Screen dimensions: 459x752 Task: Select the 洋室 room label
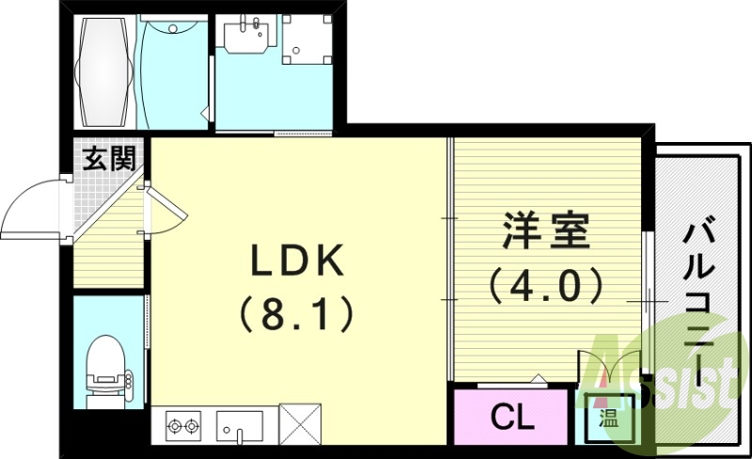coord(545,230)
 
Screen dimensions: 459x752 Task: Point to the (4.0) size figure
coord(545,284)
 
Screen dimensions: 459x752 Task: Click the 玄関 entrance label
coord(109,159)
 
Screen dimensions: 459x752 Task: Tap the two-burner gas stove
coord(182,426)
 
